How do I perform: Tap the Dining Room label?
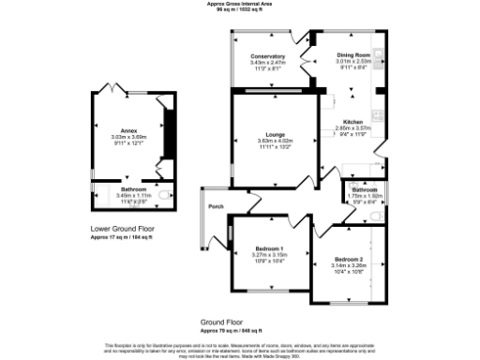353,56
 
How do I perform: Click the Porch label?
216,205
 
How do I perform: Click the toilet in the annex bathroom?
166,195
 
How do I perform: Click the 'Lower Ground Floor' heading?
122,228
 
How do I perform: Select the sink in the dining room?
373,52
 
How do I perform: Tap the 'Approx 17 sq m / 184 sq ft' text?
122,236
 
